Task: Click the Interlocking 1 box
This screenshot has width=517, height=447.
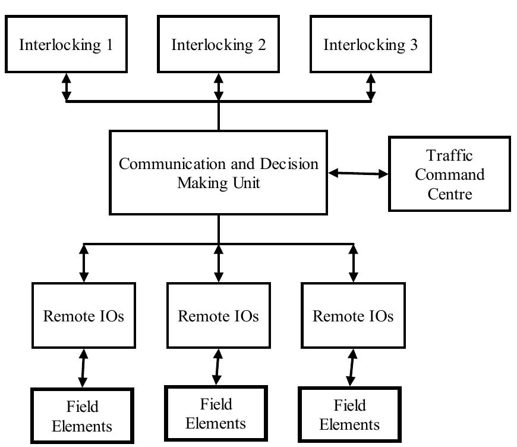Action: [x=66, y=45]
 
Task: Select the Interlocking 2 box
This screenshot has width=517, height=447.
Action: [x=218, y=45]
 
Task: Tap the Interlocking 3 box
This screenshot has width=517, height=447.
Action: [x=370, y=45]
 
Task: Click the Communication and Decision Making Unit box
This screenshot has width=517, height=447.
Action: [x=218, y=173]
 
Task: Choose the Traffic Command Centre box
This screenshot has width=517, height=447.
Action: [x=449, y=174]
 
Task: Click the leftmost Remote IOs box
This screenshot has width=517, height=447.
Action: [x=84, y=315]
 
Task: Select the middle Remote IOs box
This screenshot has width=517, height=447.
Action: [x=218, y=315]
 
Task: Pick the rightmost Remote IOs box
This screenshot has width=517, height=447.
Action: [x=353, y=315]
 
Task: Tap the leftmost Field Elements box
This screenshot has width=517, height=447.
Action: [x=82, y=416]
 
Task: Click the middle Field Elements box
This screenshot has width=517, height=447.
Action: [x=216, y=414]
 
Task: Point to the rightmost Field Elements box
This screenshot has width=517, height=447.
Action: [x=349, y=415]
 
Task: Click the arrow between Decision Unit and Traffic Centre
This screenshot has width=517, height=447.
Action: [x=358, y=173]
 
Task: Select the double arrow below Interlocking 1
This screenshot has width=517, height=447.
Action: [x=66, y=87]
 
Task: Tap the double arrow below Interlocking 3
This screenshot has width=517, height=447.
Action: [x=371, y=87]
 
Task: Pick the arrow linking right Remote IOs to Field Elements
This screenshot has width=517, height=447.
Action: [x=351, y=368]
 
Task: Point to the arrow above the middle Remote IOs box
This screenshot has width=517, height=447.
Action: [x=219, y=263]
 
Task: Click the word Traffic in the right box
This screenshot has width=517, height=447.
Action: [x=449, y=156]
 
